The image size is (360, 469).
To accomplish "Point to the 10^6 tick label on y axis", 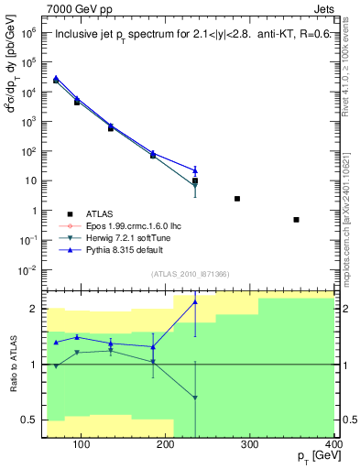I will pyautogui.click(x=29, y=31).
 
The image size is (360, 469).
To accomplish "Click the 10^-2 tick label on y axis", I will pyautogui.click(x=27, y=270).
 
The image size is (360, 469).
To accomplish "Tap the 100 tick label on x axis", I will pyautogui.click(x=82, y=446).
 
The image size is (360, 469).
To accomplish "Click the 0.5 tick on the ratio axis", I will pyautogui.click(x=31, y=420).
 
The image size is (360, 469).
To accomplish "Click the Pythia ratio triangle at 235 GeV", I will pyautogui.click(x=195, y=302).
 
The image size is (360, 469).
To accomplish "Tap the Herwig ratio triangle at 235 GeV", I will pyautogui.click(x=195, y=398).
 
